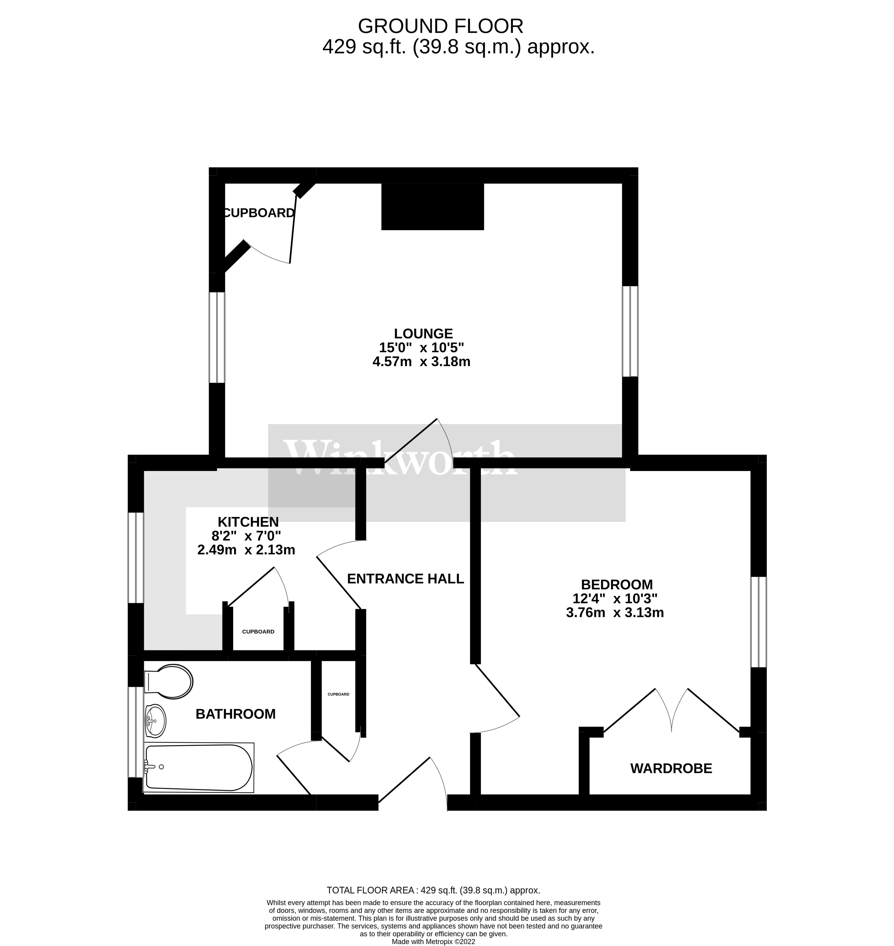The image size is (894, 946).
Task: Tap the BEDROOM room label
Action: (617, 584)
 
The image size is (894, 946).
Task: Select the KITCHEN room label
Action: (248, 522)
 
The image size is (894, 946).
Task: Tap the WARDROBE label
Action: (671, 768)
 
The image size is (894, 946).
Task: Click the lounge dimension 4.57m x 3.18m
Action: (421, 362)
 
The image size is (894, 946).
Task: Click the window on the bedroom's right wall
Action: (759, 622)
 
